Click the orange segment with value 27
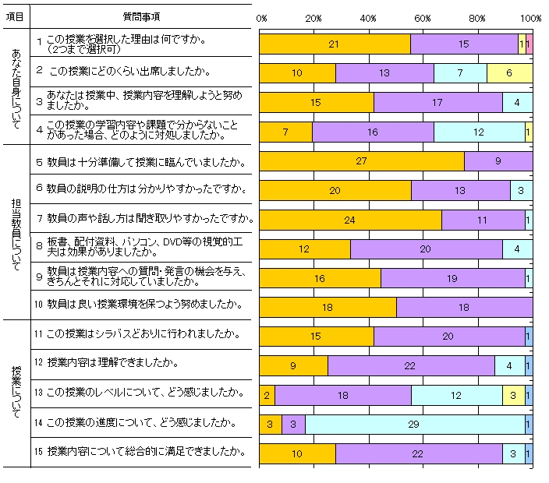(361, 161)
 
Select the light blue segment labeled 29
(415, 425)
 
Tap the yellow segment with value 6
(509, 73)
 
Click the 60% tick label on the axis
(423, 18)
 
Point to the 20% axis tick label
(314, 18)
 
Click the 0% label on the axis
(262, 18)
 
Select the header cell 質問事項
(143, 16)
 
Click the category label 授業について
(17, 393)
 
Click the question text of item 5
(147, 163)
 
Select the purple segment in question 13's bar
(342, 395)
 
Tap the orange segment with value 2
(267, 395)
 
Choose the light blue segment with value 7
(460, 73)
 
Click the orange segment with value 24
(350, 220)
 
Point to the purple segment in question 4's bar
(373, 132)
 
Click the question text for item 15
(147, 451)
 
